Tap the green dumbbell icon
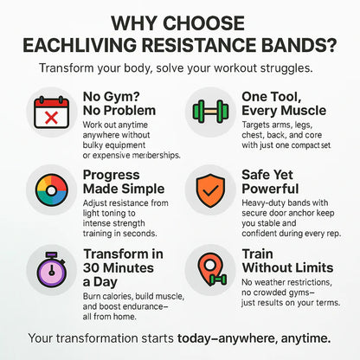(x=207, y=113)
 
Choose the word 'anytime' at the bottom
(x=301, y=337)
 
